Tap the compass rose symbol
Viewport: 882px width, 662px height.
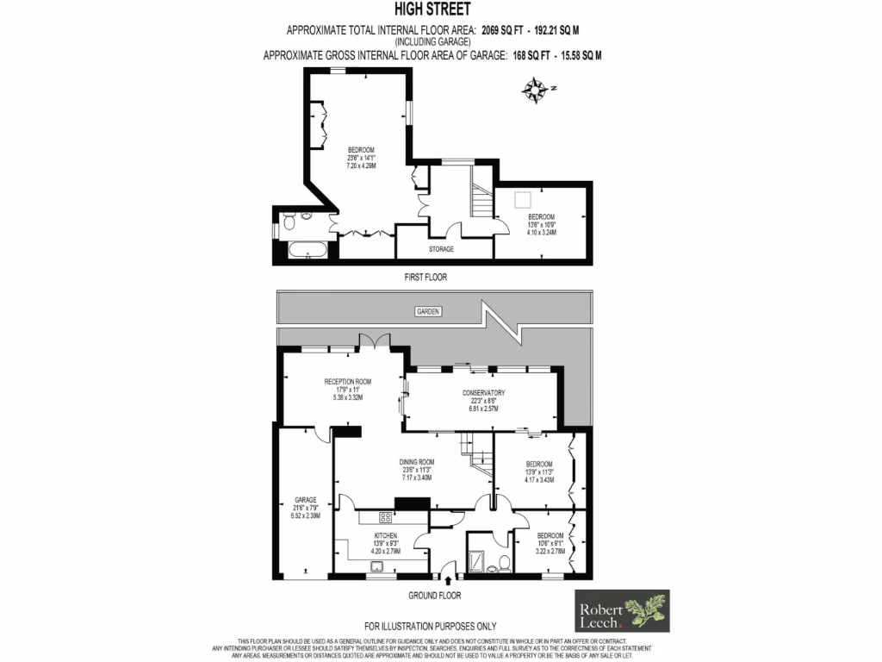[537, 90]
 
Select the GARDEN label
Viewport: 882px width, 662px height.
[427, 311]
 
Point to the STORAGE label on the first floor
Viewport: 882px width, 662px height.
[441, 249]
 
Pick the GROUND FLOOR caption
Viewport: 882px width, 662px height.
[435, 596]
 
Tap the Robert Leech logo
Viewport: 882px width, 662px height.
[622, 611]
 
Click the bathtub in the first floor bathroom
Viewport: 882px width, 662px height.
[303, 251]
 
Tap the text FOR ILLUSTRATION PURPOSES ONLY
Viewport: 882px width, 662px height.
[431, 626]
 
